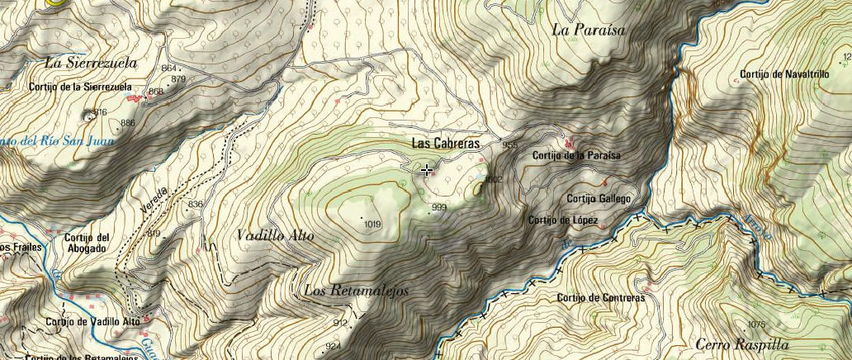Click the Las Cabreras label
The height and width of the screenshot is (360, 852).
pos(446,144)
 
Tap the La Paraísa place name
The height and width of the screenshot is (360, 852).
pos(589,30)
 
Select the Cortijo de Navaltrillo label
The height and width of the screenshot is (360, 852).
pos(784,74)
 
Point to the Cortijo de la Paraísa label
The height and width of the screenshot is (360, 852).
pos(576,155)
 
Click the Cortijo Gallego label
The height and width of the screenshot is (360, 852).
pos(599,199)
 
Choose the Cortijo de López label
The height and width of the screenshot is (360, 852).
pos(569,220)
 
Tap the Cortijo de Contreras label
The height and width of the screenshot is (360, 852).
pos(600,298)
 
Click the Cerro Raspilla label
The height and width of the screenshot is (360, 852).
pos(742,344)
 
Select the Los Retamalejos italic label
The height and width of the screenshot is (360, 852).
pos(356,291)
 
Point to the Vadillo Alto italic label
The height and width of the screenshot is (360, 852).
pos(275,235)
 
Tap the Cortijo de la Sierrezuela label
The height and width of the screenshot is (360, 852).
pos(80,87)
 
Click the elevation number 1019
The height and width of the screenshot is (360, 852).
pos(372,224)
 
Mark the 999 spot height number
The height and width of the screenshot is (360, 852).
pos(438,207)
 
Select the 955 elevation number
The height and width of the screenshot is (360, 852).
pos(509,145)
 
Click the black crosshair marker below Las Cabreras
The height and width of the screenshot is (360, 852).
pos(426,170)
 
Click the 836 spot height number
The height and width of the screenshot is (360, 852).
pos(196,204)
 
